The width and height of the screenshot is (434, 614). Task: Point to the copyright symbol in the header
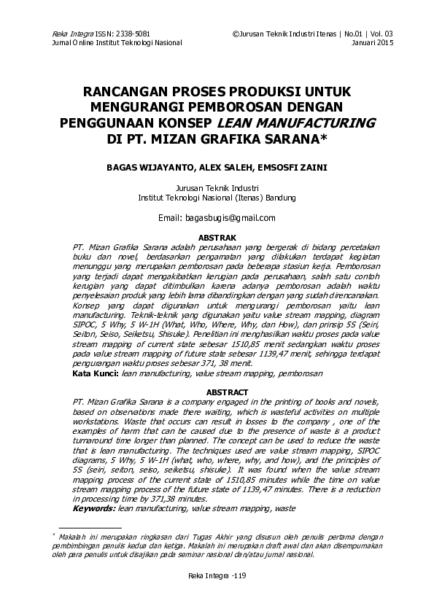[235, 34]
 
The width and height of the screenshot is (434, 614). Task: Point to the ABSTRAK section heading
[217, 238]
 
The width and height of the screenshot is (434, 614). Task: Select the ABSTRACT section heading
[217, 392]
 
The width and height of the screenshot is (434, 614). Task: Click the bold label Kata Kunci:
[96, 373]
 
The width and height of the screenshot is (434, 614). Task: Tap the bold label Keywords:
[95, 508]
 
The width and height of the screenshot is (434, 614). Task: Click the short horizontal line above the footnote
[90, 526]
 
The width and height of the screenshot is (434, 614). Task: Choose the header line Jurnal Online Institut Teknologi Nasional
[113, 43]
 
